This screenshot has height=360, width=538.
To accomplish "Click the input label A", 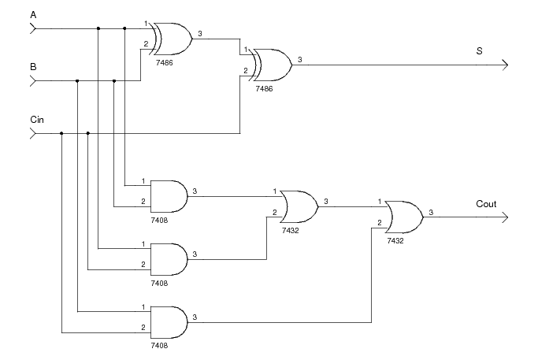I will pos(33,15).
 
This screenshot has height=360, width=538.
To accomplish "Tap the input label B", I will pos(33,67).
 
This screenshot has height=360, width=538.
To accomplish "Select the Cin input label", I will pos(36,119).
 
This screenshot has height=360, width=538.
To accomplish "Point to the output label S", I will pos(479,51).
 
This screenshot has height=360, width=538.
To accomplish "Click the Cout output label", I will pos(486,204).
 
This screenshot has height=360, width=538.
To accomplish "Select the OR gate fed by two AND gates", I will pos(299,206).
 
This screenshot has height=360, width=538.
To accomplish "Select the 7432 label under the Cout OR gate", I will pos(395,240).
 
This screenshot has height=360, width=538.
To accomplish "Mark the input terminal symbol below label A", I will pos(33,29).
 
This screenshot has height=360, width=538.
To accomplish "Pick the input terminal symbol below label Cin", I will pos(33,133).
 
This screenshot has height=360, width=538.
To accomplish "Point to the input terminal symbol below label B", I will pos(33,81).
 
